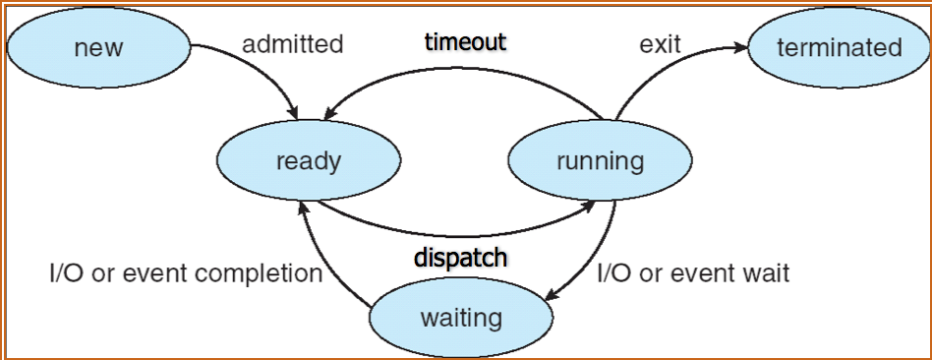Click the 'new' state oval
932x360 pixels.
pyautogui.click(x=98, y=47)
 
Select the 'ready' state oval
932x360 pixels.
pyautogui.click(x=308, y=160)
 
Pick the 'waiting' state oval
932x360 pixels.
pyautogui.click(x=460, y=318)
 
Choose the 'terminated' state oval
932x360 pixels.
pyautogui.click(x=839, y=47)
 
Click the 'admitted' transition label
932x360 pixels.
pyautogui.click(x=293, y=44)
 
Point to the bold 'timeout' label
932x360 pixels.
pyautogui.click(x=465, y=42)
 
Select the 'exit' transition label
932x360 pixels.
pyautogui.click(x=661, y=44)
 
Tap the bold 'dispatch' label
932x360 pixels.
pyautogui.click(x=460, y=258)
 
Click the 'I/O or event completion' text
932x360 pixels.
pyautogui.click(x=186, y=273)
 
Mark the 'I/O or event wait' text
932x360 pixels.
pyautogui.click(x=693, y=273)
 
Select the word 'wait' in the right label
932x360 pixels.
pyautogui.click(x=767, y=273)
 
